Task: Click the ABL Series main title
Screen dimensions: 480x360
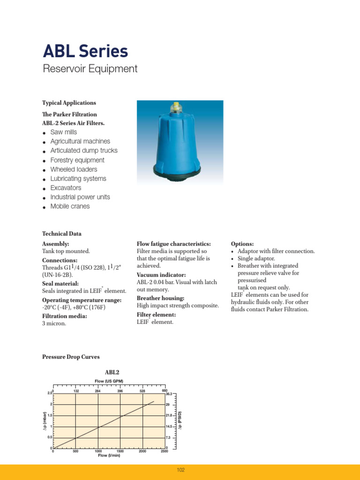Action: tap(85, 51)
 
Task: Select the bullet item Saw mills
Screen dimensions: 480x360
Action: tap(63, 132)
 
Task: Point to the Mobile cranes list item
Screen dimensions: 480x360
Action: tap(70, 206)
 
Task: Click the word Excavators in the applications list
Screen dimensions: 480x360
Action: tap(66, 188)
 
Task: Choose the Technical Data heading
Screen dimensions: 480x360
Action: tap(62, 233)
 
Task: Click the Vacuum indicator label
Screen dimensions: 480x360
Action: tap(161, 275)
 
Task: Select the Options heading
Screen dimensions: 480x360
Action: tap(242, 244)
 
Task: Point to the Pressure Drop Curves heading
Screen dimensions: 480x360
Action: tap(71, 357)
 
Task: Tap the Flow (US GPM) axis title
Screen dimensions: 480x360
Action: tap(109, 381)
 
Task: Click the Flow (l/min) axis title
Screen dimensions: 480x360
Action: tap(109, 455)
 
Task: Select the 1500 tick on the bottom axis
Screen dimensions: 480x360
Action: tap(120, 451)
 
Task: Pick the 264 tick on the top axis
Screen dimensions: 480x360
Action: tap(97, 391)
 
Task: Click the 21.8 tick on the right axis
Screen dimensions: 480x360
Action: tap(169, 415)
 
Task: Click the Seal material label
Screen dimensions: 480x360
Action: tap(60, 284)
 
